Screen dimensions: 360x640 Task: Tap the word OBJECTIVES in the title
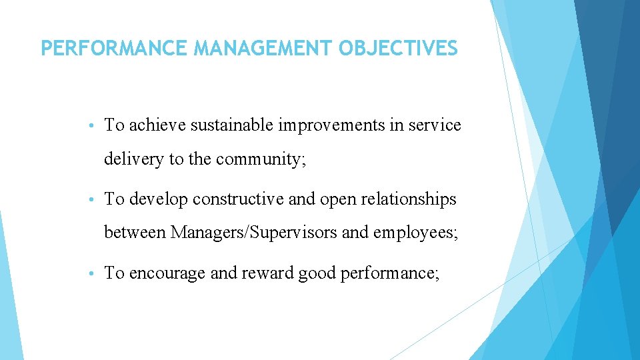[399, 49]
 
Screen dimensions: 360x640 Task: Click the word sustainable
[232, 125]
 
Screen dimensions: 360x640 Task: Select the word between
[135, 233]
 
